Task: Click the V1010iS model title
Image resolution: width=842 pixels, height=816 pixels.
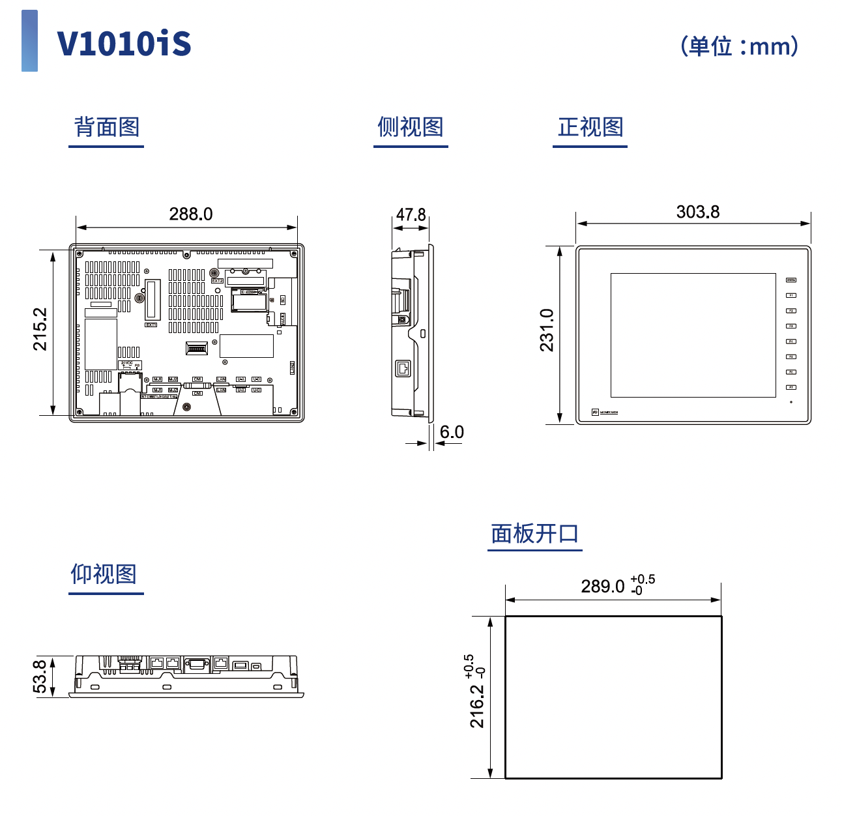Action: (x=124, y=44)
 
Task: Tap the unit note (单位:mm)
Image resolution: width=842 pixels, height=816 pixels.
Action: (x=739, y=46)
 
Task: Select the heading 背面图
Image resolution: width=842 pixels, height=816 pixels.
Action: (x=106, y=126)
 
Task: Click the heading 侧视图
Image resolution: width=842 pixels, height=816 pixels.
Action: (x=411, y=126)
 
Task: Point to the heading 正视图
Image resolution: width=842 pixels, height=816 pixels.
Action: (x=590, y=126)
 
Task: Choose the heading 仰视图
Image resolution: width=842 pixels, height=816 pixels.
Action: (x=104, y=574)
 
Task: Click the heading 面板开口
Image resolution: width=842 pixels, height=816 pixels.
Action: (x=534, y=533)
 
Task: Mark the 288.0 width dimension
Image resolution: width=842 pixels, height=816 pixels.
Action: (x=190, y=214)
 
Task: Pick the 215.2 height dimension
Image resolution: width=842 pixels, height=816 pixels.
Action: (x=40, y=329)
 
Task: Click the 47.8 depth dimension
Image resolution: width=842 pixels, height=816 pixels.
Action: (x=411, y=214)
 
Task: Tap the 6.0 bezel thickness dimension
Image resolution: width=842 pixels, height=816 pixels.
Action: (x=452, y=432)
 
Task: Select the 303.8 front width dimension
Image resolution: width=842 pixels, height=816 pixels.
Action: (x=697, y=212)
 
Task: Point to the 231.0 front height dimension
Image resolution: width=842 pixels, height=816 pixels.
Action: (x=546, y=330)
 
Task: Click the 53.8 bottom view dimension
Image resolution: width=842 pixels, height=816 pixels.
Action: (x=40, y=677)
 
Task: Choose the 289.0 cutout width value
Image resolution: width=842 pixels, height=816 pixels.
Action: (x=603, y=587)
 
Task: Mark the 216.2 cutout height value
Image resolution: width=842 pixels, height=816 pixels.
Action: (x=477, y=706)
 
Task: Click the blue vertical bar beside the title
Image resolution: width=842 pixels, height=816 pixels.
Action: (x=29, y=40)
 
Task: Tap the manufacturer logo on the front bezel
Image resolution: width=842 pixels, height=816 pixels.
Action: (x=605, y=413)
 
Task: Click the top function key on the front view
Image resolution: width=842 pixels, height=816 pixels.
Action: (x=791, y=280)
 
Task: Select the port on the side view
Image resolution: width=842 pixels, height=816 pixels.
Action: (x=403, y=368)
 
